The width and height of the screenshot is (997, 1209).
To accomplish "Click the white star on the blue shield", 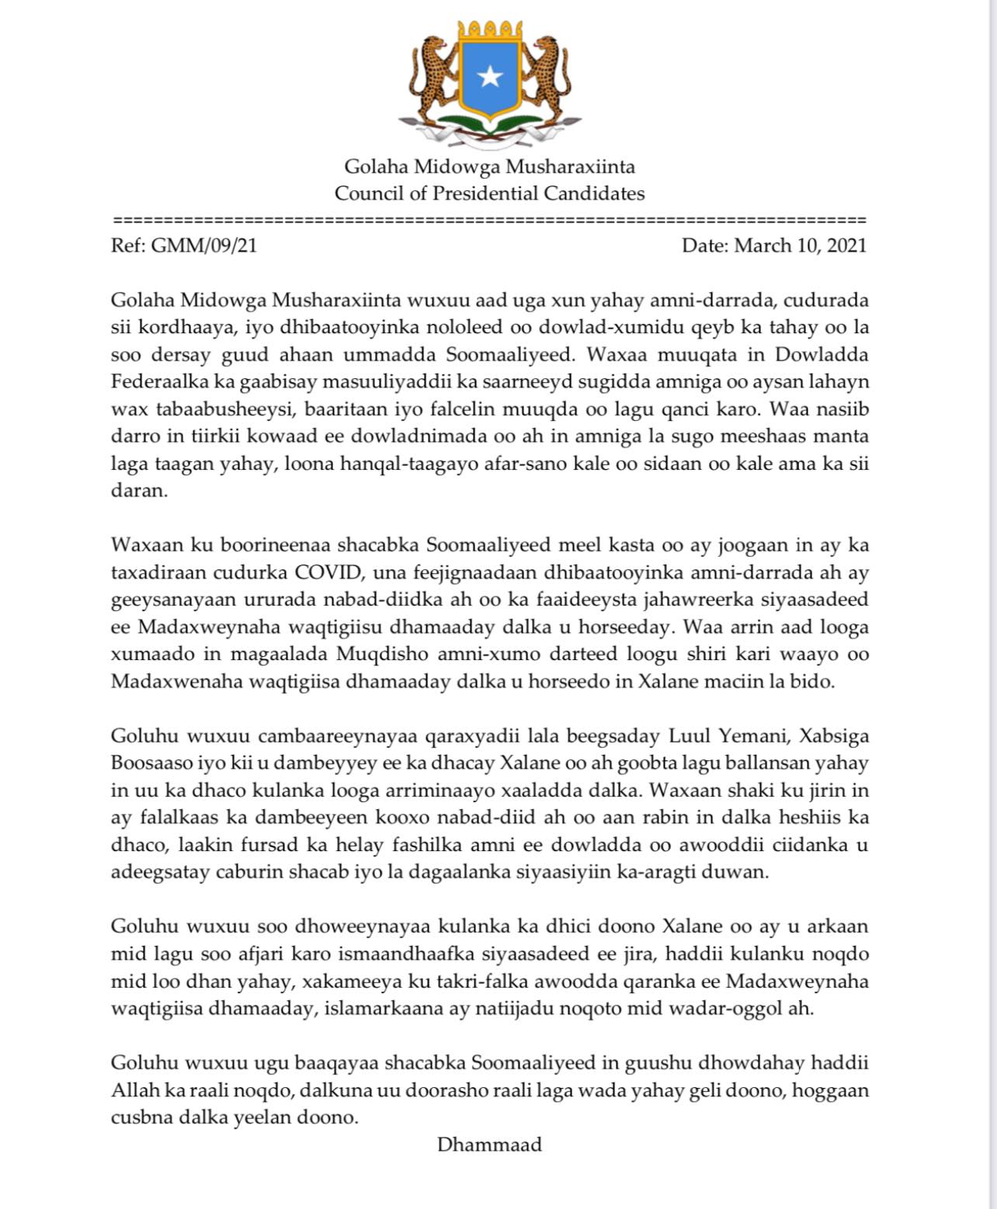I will tap(489, 76).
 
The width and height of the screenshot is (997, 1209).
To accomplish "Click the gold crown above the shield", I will tap(489, 32).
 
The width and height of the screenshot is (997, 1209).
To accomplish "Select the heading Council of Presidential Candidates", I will tap(489, 193).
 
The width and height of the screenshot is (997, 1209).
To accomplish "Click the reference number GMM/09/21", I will tap(203, 245).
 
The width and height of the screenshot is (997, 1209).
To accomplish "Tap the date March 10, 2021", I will tap(800, 245).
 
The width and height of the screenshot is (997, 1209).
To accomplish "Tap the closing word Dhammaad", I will tap(489, 1144).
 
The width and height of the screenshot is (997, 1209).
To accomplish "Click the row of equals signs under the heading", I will tap(489, 220).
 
